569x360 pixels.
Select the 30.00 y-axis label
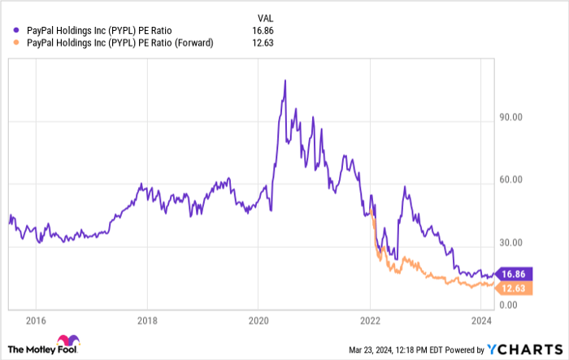coord(510,242)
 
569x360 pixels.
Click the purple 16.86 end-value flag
coord(515,275)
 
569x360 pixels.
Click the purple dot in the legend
coord(17,31)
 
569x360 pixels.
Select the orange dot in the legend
coord(17,43)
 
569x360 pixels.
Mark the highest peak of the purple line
coord(284,80)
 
